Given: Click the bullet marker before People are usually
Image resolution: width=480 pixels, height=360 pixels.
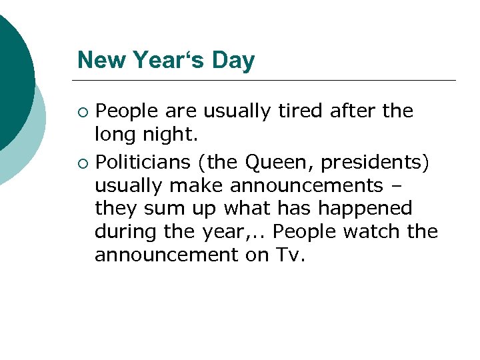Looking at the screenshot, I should pos(83,111).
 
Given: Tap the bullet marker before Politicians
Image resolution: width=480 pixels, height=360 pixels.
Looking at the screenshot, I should pos(83,161).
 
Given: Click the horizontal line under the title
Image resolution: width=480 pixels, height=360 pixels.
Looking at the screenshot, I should pos(267,81).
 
